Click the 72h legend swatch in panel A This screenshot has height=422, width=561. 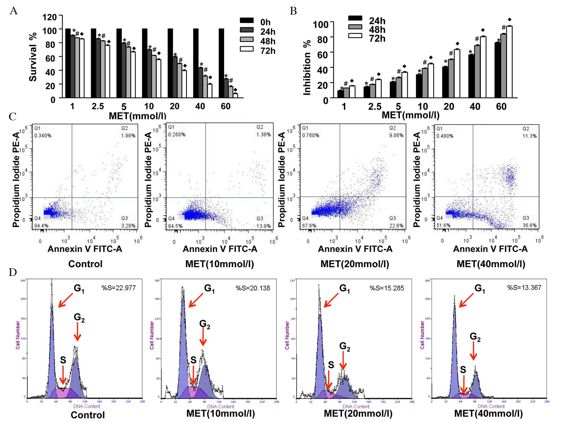(x=247, y=49)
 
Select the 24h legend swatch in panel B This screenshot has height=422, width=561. (x=355, y=18)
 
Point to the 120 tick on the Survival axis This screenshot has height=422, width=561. (x=49, y=17)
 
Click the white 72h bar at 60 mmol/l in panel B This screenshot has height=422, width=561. (x=509, y=62)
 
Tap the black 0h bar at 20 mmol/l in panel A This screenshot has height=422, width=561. (x=170, y=63)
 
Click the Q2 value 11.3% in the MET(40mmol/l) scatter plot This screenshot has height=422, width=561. (x=529, y=136)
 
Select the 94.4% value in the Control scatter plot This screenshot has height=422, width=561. (x=41, y=226)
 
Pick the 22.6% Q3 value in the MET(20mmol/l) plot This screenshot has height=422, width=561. (x=396, y=226)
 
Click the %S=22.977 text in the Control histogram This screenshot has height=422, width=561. (x=118, y=288)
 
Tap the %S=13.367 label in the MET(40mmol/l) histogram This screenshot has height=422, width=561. (x=524, y=288)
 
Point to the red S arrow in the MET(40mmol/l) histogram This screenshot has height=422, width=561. (x=463, y=384)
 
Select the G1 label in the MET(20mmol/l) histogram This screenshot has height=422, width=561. (x=344, y=289)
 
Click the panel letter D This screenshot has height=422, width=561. (x=13, y=272)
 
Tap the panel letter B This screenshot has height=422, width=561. (x=293, y=11)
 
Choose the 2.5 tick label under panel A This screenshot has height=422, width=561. (x=98, y=106)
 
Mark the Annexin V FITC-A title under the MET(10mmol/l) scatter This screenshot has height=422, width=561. (x=220, y=249)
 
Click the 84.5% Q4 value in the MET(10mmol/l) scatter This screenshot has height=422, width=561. (x=175, y=226)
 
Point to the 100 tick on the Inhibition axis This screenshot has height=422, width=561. (x=320, y=25)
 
